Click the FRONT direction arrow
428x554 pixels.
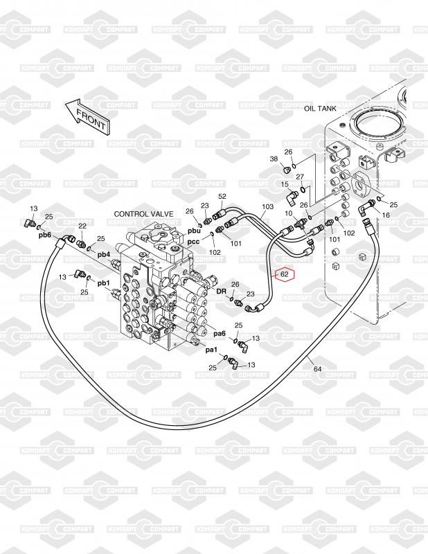[x=88, y=116]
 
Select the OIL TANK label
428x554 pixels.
[x=320, y=109]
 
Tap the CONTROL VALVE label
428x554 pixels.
[x=143, y=214]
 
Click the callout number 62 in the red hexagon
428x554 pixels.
[x=285, y=274]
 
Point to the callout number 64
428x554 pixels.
[x=318, y=369]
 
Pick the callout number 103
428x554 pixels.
[x=267, y=206]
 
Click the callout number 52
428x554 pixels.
[x=222, y=197]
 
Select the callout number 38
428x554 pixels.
[x=274, y=159]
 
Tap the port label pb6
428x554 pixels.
[x=45, y=235]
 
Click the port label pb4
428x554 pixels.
[x=104, y=254]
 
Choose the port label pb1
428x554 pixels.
[x=104, y=283]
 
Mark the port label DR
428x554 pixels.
[x=221, y=291]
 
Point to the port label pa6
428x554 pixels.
[x=220, y=334]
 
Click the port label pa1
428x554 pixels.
[x=211, y=350]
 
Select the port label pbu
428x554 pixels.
[x=194, y=231]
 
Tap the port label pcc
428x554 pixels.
[x=193, y=242]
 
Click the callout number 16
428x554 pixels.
[x=386, y=215]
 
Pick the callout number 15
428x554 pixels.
[x=285, y=184]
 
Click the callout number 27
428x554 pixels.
[x=300, y=177]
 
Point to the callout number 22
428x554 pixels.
[x=82, y=226]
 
